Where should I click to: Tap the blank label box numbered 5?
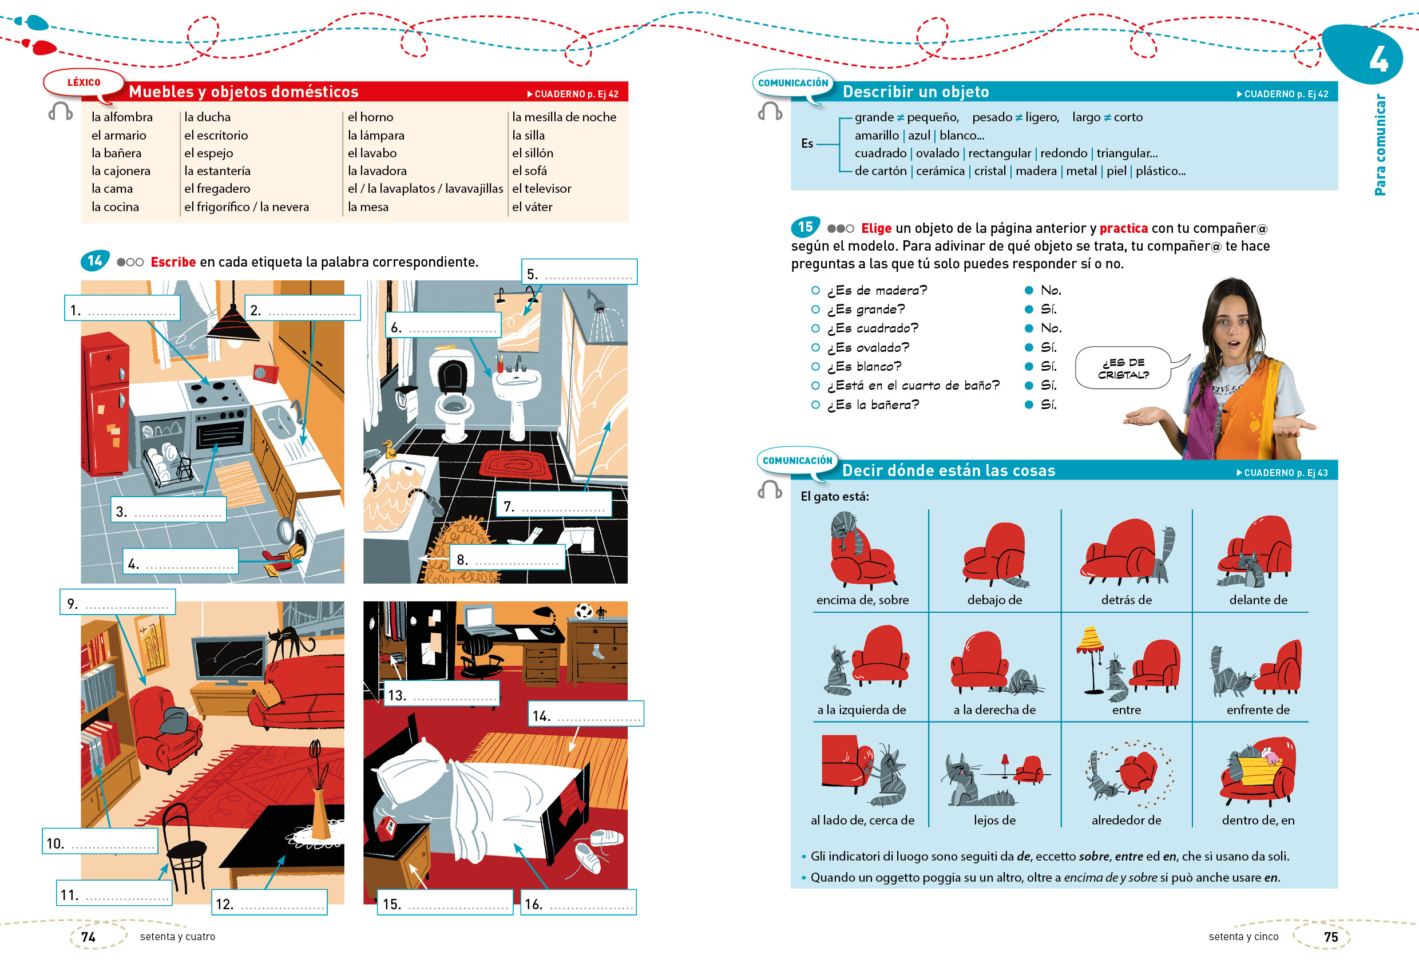point(579,272)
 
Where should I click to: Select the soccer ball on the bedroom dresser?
point(583,610)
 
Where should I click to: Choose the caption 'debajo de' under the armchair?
point(994,600)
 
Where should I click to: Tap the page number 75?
point(1330,937)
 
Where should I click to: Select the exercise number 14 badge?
point(94,261)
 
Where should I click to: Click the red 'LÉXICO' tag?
point(84,82)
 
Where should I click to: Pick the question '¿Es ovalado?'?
point(867,347)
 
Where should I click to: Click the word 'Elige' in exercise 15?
point(876,228)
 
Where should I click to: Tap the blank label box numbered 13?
point(441,693)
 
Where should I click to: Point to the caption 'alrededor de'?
point(1126,820)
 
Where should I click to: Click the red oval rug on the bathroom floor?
point(516,463)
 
